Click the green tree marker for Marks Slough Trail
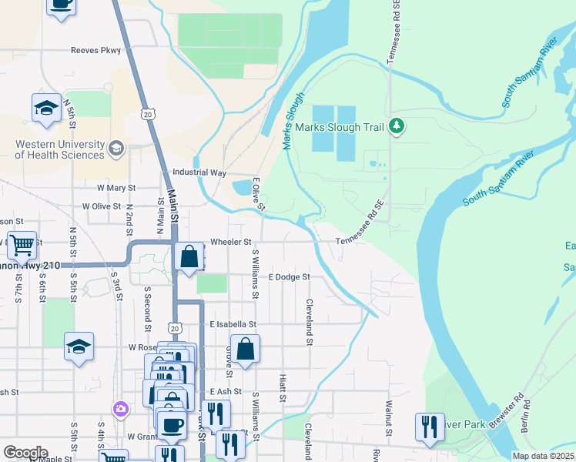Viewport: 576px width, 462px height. (x=397, y=125)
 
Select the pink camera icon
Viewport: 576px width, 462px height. (x=120, y=408)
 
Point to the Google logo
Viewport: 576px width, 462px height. (x=25, y=453)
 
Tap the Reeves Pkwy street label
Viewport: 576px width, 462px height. (x=95, y=50)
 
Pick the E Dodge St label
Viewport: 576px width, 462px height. (x=288, y=276)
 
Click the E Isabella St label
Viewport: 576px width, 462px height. (x=233, y=325)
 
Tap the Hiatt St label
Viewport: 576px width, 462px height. (x=283, y=390)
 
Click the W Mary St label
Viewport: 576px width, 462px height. (x=116, y=187)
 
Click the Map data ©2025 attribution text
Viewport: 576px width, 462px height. (x=542, y=456)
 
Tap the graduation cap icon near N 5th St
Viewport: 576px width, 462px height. (x=46, y=109)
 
